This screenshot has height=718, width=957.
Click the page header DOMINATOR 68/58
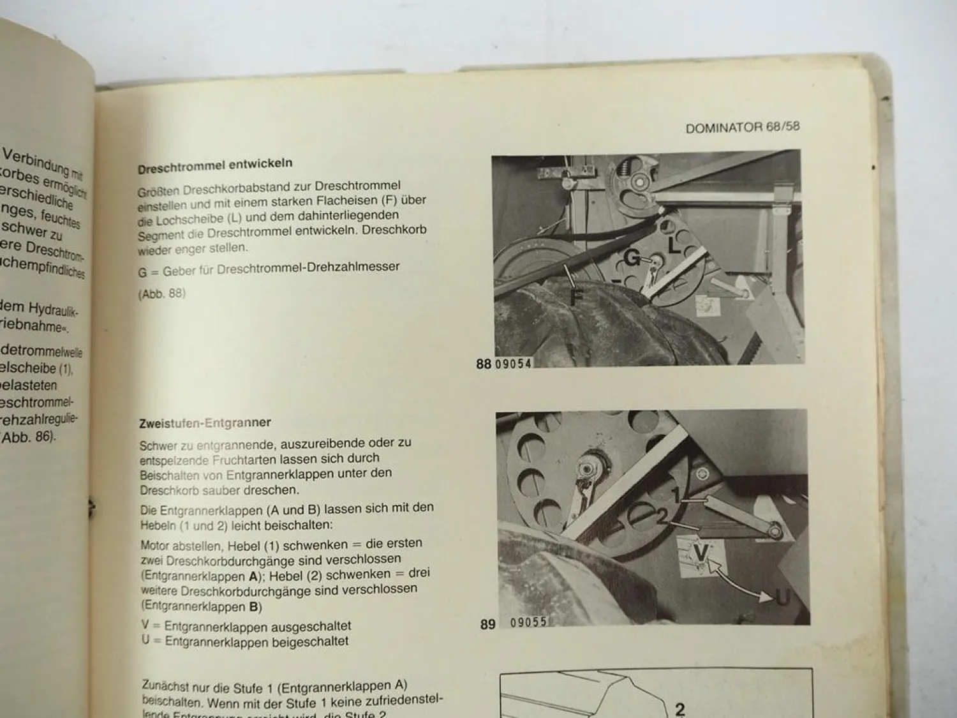click(742, 127)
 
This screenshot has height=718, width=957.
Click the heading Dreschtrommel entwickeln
click(215, 165)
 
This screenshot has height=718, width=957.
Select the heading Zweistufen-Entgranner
click(205, 423)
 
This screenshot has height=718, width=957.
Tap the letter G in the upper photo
click(631, 258)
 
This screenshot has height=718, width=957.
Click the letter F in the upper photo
click(576, 297)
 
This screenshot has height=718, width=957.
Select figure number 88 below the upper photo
click(484, 364)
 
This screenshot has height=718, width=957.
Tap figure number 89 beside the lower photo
click(487, 624)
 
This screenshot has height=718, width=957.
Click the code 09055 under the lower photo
click(528, 622)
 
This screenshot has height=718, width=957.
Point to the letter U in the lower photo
click(782, 598)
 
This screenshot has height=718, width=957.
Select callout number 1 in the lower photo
click(677, 495)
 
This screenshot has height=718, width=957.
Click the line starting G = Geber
click(268, 269)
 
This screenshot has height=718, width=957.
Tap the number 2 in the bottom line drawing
click(679, 708)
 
